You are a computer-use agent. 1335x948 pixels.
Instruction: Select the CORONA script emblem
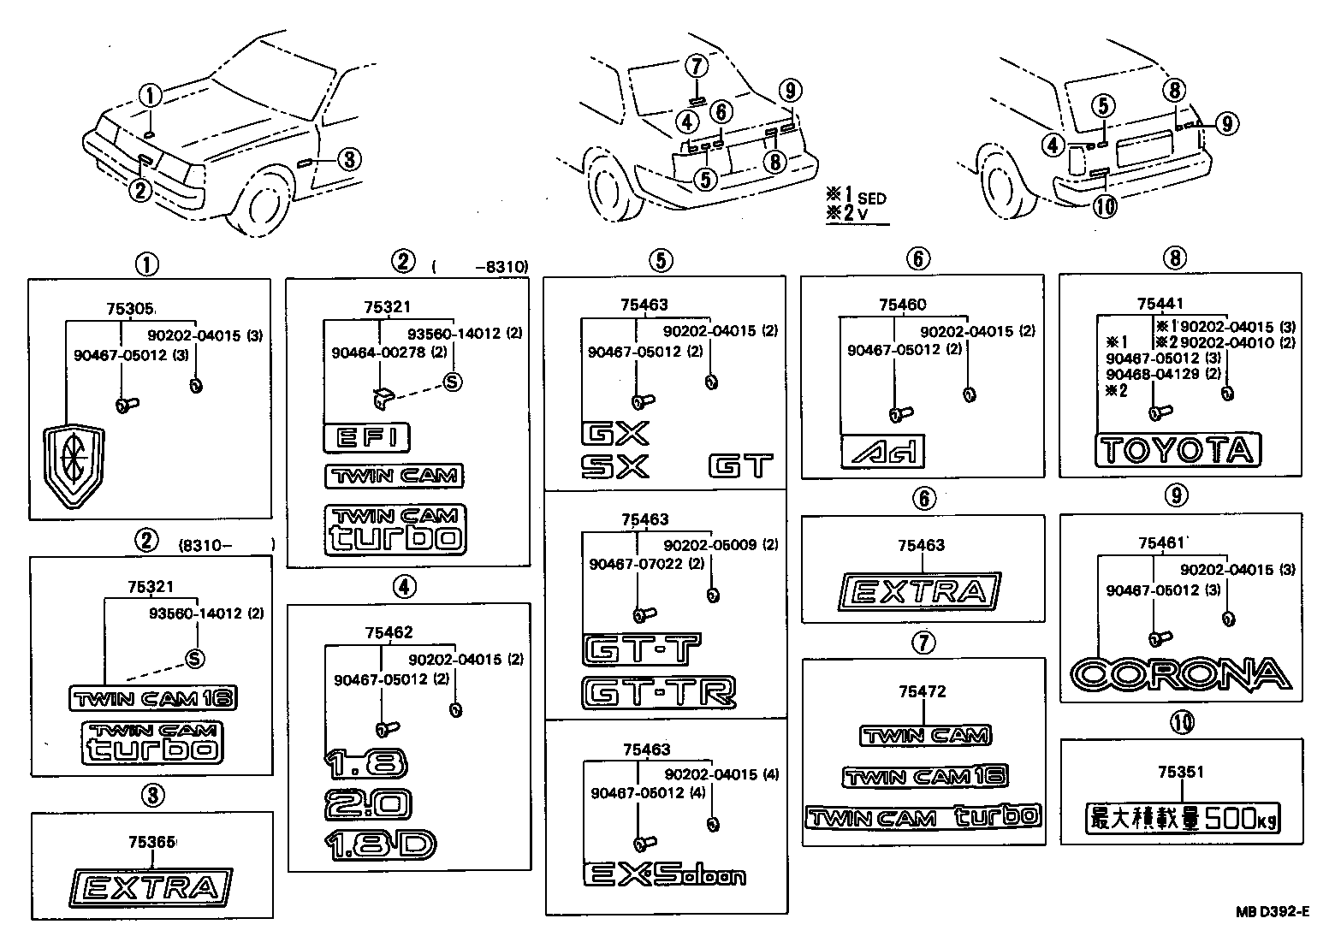(1181, 674)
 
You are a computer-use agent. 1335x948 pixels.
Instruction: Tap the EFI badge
(366, 438)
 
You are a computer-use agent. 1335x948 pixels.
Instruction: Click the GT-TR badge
(658, 691)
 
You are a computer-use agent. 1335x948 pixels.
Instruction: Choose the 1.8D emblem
(380, 844)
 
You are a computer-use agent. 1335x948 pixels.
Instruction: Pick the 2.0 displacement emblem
(368, 803)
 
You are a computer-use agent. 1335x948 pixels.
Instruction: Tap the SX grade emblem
(614, 466)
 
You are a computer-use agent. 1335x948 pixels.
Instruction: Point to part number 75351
(1180, 773)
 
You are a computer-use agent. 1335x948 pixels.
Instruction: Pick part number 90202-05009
(709, 544)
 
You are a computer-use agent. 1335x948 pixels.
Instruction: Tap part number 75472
(922, 691)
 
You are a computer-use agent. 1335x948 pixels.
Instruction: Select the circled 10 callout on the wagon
(1106, 206)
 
